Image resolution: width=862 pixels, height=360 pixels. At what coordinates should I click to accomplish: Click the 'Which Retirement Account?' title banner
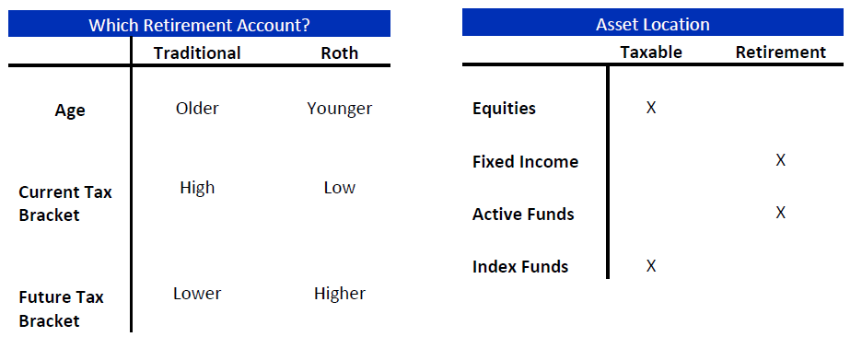(199, 24)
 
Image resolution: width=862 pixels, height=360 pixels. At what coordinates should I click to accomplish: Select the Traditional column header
(197, 52)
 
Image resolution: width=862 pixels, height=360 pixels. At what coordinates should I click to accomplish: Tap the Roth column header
(339, 52)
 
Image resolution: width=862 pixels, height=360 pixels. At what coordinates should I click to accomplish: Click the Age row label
(70, 110)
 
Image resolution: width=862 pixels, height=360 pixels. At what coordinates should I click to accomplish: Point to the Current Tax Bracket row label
(65, 203)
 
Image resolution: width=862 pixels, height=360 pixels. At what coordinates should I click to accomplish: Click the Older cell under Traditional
(197, 109)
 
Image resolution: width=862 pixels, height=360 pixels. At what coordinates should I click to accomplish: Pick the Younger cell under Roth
(339, 109)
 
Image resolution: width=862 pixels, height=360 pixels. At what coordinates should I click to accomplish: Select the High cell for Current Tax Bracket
(197, 188)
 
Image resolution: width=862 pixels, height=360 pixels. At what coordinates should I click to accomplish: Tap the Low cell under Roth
(339, 188)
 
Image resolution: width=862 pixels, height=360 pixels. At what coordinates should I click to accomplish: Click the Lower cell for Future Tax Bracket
(197, 294)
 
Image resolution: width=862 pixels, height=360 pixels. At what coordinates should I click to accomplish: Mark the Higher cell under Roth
(339, 294)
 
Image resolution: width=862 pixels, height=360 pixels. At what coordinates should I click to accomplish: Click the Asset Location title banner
(652, 24)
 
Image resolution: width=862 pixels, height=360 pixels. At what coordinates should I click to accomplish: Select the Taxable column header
(651, 52)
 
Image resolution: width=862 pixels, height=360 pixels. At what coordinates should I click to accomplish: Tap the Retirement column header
(780, 52)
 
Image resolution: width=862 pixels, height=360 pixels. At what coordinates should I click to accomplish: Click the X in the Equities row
(651, 109)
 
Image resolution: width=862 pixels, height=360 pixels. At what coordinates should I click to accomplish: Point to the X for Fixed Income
(780, 161)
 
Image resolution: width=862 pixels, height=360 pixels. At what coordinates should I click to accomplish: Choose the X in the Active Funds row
(780, 214)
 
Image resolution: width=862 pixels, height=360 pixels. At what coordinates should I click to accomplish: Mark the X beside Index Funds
(651, 266)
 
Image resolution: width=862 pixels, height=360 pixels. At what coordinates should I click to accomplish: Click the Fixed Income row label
(525, 162)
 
